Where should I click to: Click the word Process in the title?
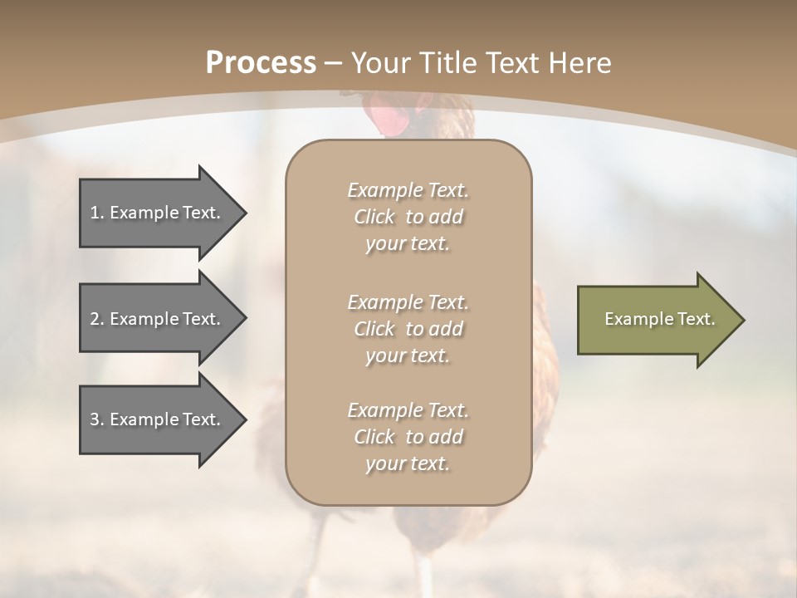click(x=261, y=63)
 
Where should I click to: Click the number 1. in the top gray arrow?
click(x=97, y=213)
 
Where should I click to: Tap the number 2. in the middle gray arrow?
click(x=97, y=319)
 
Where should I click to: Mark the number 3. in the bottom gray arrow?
click(x=97, y=419)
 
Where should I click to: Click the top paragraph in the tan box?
click(x=408, y=217)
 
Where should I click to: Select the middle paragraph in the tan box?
click(x=408, y=328)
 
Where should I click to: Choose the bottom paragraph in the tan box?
click(x=408, y=437)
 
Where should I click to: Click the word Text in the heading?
click(x=511, y=63)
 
